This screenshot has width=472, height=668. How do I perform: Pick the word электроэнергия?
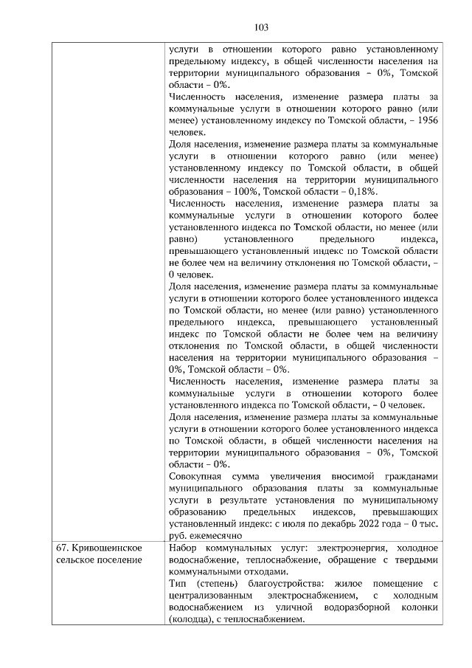(x=350, y=548)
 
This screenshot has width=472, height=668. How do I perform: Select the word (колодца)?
(x=194, y=619)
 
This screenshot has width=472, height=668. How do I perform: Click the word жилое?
(x=360, y=584)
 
